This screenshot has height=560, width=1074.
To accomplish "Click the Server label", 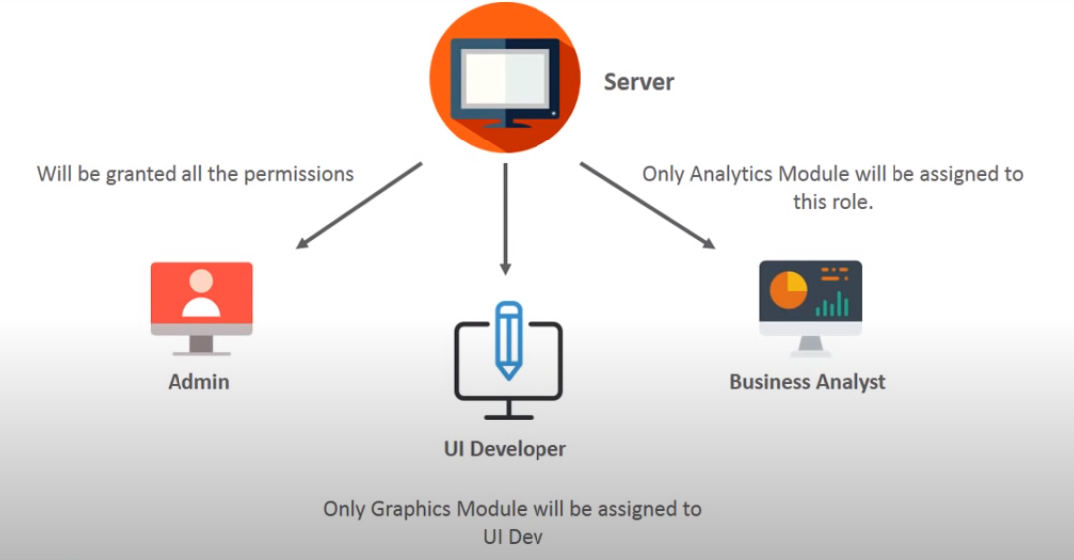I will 639,82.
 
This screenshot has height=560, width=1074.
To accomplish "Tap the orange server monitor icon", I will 505,80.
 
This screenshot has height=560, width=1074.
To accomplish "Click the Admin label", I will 198,382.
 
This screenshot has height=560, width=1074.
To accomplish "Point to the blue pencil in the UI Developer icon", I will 509,338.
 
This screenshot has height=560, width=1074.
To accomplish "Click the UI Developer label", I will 505,449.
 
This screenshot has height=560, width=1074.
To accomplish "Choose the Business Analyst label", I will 807,382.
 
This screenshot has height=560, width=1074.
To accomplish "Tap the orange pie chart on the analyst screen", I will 788,289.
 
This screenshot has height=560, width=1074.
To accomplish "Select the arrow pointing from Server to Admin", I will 358,204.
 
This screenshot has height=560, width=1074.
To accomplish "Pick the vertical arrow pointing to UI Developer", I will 506,218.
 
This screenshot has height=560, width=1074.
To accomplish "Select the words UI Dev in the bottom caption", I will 512,535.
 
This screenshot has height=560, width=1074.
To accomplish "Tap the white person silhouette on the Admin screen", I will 201,294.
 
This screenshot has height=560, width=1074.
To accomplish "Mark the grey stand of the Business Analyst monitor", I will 810,345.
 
